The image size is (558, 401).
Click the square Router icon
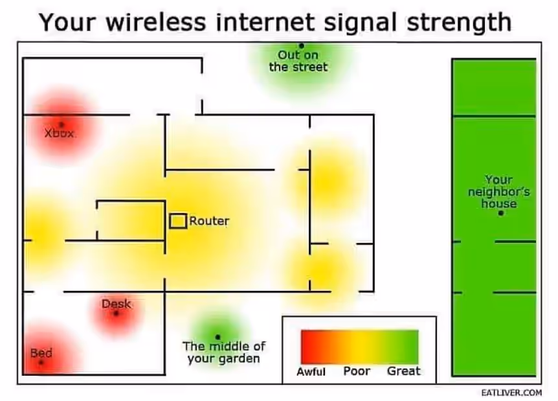[178, 221]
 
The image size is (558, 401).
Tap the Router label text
[209, 221]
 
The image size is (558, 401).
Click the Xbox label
[60, 133]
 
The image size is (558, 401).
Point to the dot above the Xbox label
[61, 124]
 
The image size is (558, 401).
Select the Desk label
[117, 304]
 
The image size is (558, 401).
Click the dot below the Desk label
[116, 314]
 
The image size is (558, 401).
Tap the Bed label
[41, 353]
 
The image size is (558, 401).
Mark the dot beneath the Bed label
[41, 363]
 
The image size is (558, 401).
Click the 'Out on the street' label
[298, 61]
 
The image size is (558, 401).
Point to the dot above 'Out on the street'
[302, 45]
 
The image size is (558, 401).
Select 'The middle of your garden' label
[224, 352]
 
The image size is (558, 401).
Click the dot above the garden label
[218, 337]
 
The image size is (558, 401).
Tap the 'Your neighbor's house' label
[499, 192]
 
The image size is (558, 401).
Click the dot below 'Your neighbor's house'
[501, 213]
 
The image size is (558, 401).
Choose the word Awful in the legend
[311, 371]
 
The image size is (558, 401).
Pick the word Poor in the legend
[357, 371]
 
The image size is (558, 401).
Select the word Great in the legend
[404, 371]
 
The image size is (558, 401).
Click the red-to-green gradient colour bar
[360, 347]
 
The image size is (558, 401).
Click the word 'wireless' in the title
[156, 22]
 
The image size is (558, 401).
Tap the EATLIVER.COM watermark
[511, 393]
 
